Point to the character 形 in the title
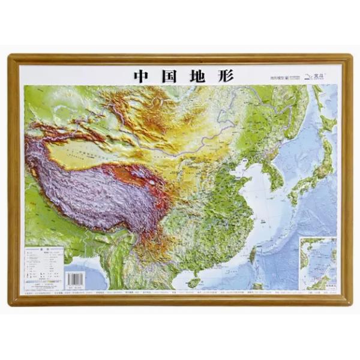click(224, 76)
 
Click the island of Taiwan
click(252, 255)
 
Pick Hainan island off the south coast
click(193, 281)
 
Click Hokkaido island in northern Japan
click(327, 123)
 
